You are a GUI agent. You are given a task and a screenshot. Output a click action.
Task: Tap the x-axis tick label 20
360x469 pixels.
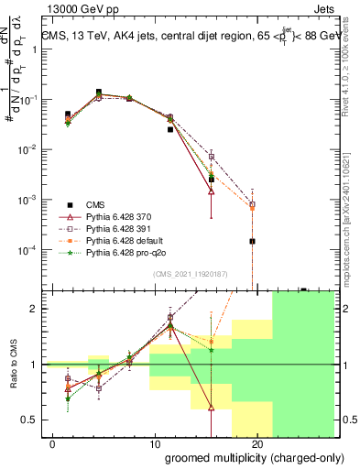tap(257, 443)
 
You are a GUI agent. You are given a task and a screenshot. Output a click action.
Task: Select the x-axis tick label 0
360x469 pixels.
tap(44, 443)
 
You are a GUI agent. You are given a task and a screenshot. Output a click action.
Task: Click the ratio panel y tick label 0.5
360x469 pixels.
tap(28, 420)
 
